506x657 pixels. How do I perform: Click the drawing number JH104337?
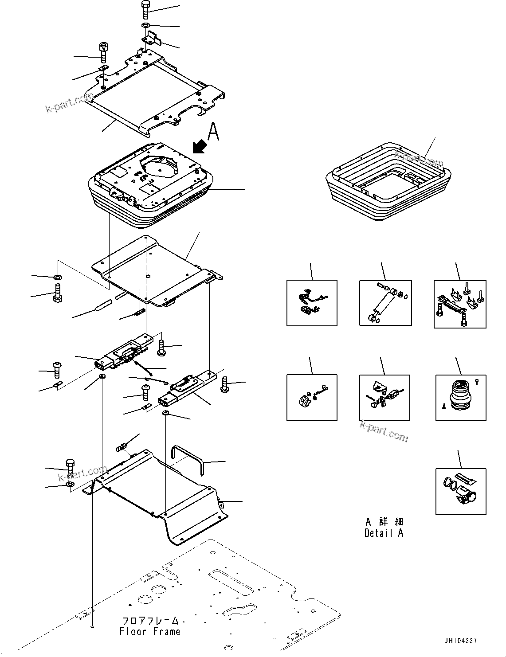[x=461, y=641]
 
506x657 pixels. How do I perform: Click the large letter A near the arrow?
[x=213, y=132]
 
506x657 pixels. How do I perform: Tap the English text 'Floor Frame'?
[x=150, y=631]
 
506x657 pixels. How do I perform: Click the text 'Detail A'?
[x=384, y=533]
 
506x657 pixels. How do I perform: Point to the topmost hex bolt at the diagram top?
[x=146, y=8]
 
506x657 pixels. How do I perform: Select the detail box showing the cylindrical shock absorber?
[x=385, y=303]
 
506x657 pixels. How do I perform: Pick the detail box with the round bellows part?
[x=460, y=398]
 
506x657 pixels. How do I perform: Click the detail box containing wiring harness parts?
[x=312, y=303]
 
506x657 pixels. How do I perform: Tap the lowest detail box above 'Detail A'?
[x=460, y=491]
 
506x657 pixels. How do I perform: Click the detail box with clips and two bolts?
[x=459, y=304]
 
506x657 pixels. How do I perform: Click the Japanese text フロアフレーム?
[x=150, y=621]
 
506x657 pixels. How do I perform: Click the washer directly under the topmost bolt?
[x=146, y=25]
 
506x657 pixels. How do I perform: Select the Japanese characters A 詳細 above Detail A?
[x=384, y=522]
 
